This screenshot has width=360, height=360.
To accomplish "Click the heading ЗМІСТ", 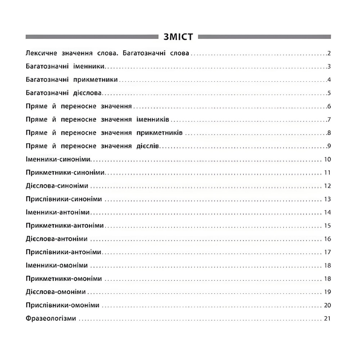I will (x=178, y=37).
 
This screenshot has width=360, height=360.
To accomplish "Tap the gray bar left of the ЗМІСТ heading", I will (x=92, y=37).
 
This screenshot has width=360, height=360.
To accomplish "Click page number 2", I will (x=329, y=54).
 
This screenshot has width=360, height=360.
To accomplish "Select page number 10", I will (x=327, y=159).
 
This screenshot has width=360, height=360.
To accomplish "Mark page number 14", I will (x=327, y=212).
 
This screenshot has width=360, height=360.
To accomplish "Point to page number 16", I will (x=327, y=239).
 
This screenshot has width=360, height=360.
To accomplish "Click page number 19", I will (x=327, y=292).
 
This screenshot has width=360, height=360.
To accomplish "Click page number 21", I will (x=327, y=319).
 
